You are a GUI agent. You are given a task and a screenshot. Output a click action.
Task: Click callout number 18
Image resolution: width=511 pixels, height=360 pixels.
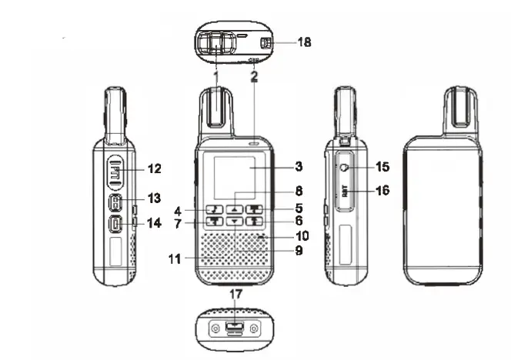[304, 42]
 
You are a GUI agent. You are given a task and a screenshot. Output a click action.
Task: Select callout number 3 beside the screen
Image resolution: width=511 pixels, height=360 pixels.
[299, 165]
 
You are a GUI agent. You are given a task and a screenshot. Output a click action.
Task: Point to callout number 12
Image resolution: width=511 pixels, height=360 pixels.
[155, 168]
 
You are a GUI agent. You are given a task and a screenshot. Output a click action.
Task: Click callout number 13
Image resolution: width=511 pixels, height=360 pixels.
[155, 198]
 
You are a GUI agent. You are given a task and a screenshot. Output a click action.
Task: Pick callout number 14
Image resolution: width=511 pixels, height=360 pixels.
[155, 224]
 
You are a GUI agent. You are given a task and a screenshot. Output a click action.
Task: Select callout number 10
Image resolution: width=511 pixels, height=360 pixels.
[302, 235]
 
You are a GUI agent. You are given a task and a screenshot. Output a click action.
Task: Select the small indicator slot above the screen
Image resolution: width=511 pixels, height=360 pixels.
[254, 143]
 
